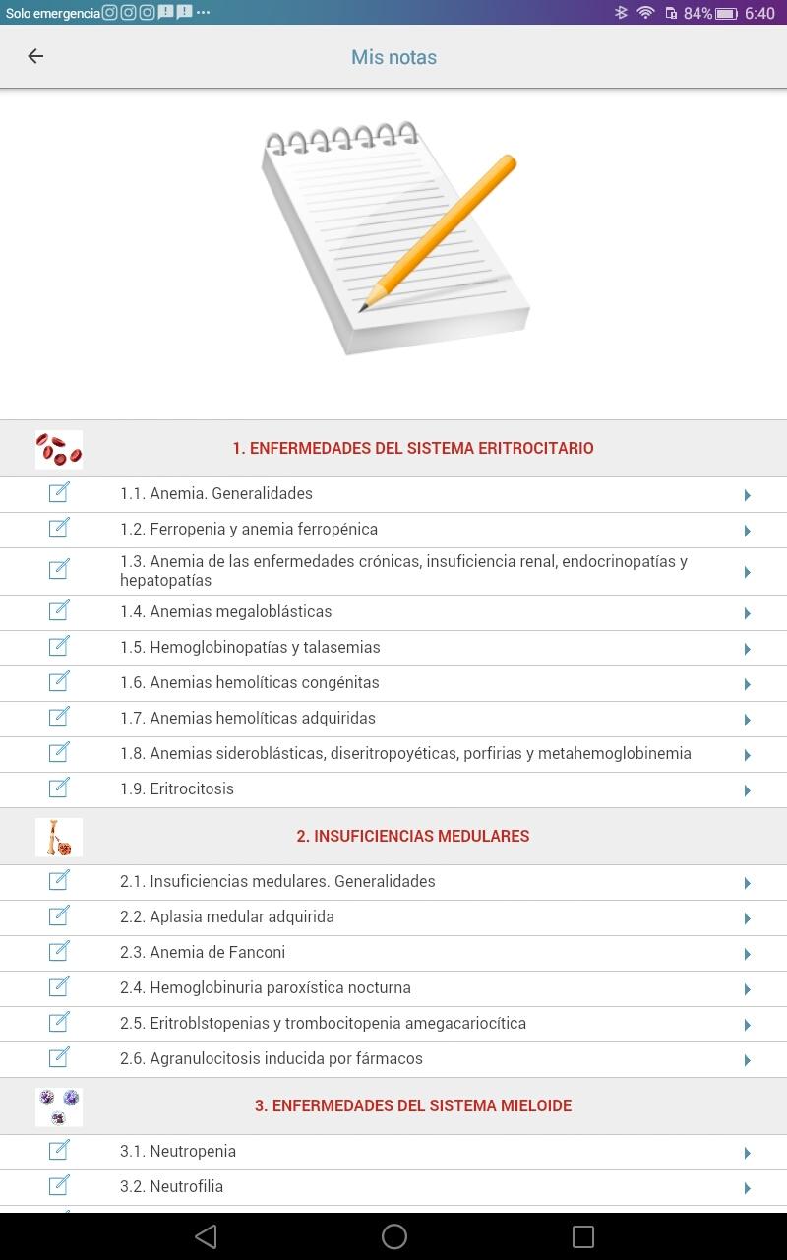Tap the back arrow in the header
(35, 56)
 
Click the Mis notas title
(393, 57)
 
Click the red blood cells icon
(59, 449)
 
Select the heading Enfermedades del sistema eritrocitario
(413, 448)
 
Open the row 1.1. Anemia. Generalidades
(216, 493)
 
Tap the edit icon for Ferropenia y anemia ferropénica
(59, 529)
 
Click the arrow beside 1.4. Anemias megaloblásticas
(748, 613)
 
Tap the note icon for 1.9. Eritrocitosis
(59, 788)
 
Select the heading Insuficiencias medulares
(413, 836)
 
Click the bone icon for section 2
(59, 837)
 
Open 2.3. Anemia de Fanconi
(203, 952)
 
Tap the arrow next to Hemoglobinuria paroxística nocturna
(748, 989)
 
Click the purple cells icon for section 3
(59, 1106)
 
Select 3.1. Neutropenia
(178, 1151)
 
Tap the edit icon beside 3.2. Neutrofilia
(59, 1186)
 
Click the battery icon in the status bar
(726, 13)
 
